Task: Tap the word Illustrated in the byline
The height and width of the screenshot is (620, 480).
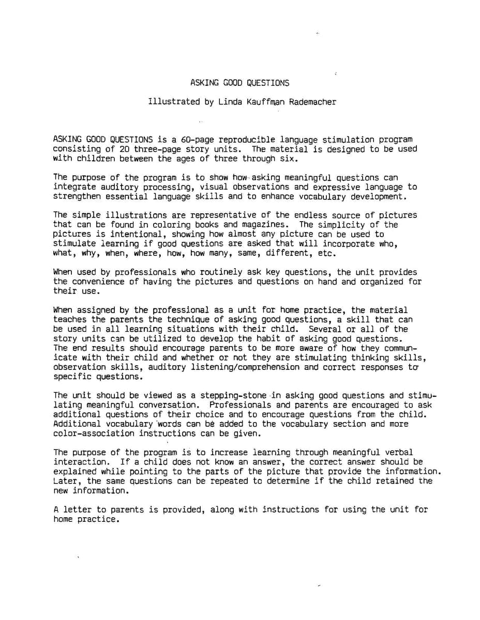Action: pos(174,102)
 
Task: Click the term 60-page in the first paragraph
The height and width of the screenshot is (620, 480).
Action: pos(198,139)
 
